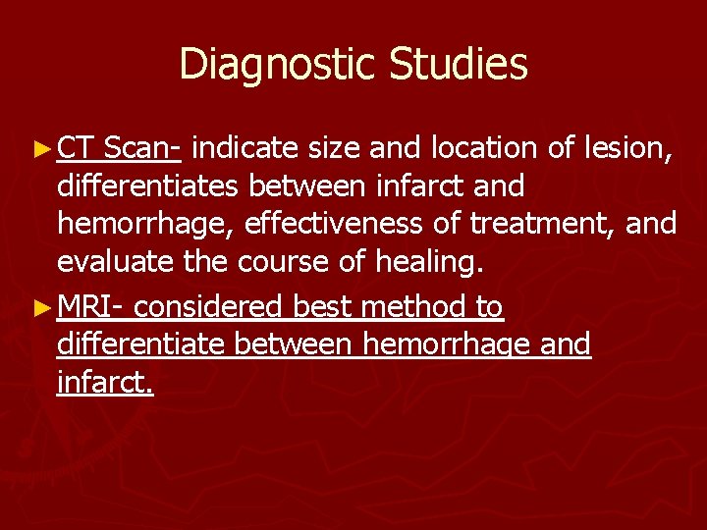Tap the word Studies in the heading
point(459,65)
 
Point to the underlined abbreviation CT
point(76,149)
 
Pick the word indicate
point(245,149)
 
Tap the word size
point(333,149)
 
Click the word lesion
point(630,149)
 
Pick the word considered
point(210,308)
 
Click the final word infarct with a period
point(106,383)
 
